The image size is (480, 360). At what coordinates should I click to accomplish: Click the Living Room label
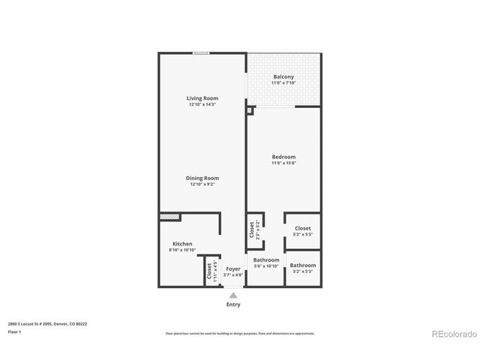coord(202,98)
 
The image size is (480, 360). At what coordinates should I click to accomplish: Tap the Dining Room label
coord(202,178)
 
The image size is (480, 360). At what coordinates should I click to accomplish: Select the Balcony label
coord(283,77)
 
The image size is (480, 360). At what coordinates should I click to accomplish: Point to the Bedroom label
coord(283,157)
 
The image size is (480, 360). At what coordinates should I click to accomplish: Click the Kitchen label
coord(182,244)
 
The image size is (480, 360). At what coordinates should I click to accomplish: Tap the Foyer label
coord(233,268)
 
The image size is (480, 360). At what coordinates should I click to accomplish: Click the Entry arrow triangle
coord(233,295)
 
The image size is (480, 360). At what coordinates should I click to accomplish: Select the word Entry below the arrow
coord(233,305)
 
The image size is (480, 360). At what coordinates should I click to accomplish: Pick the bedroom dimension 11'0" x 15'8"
coord(283,163)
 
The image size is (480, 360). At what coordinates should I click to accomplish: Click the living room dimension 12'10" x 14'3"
coord(202,104)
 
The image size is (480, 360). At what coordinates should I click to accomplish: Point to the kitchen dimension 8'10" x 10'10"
coord(182,250)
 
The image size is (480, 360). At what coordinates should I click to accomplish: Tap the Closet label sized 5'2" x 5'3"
coord(303,228)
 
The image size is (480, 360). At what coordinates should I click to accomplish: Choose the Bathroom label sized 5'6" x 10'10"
coord(266,259)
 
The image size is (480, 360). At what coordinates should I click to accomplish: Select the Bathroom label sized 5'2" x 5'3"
coord(303,265)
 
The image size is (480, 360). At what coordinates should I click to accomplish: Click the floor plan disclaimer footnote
coord(240,333)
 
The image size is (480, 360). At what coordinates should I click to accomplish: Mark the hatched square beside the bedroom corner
coord(250,110)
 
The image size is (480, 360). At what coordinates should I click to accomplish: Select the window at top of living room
coord(200,52)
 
